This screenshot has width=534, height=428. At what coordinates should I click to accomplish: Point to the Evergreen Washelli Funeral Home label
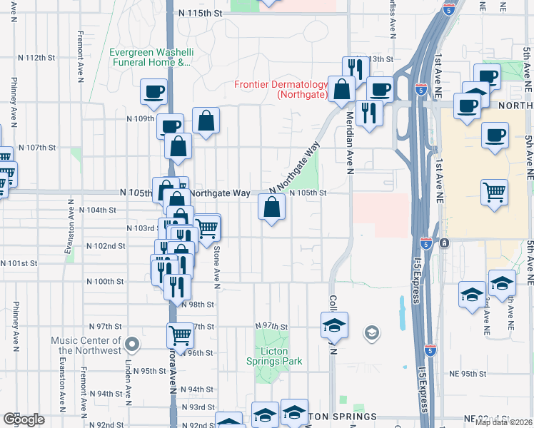[x=151, y=57]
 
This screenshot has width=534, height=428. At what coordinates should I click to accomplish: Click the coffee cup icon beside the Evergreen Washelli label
[x=154, y=91]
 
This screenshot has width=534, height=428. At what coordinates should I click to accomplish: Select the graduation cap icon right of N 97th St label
[x=334, y=325]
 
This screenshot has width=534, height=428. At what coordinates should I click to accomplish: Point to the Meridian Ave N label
[x=351, y=143]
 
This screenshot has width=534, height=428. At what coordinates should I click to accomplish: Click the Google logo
[x=23, y=419]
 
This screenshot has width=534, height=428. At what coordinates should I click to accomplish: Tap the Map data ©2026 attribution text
[x=503, y=422]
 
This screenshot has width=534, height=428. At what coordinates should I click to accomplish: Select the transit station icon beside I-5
[x=444, y=243]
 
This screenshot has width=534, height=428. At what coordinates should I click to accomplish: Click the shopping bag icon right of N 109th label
[x=206, y=122]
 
